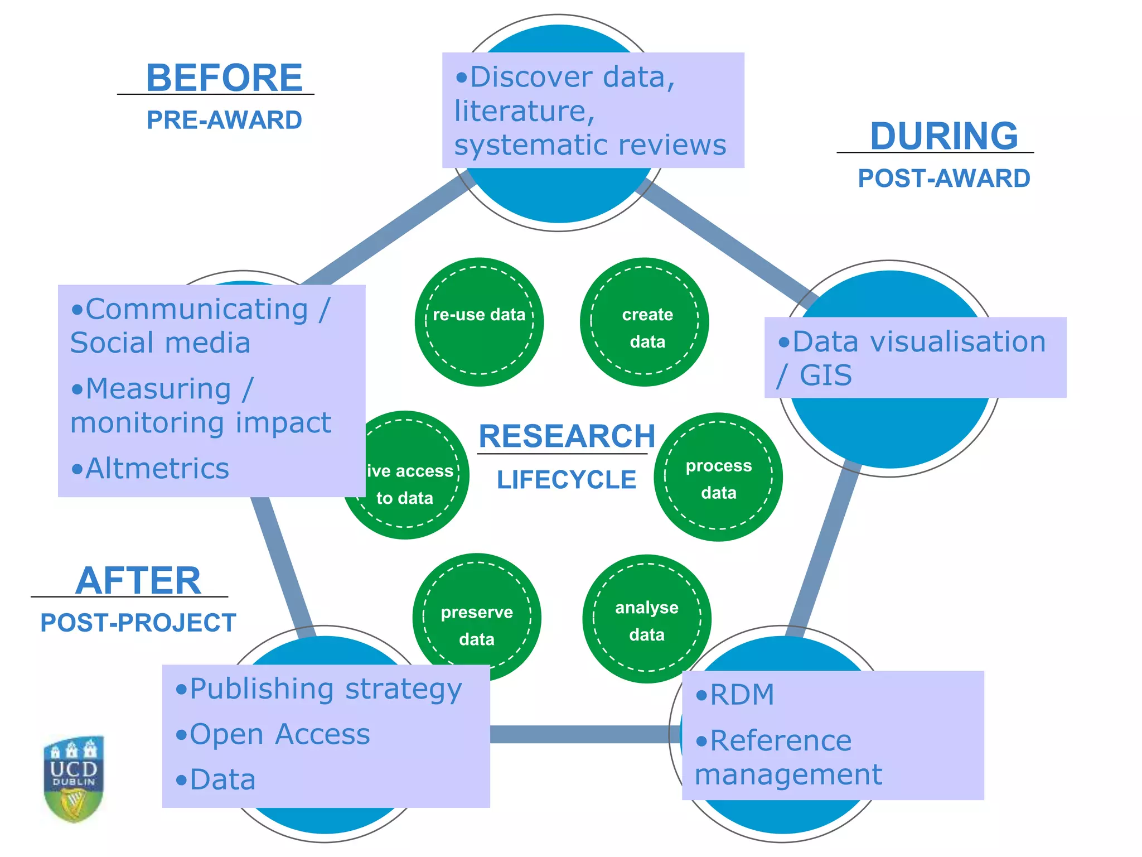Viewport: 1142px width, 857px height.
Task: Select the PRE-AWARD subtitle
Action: click(224, 120)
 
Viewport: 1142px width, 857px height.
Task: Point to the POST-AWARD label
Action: click(943, 179)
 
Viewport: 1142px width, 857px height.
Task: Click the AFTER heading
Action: click(138, 581)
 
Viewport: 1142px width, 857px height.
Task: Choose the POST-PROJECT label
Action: click(138, 623)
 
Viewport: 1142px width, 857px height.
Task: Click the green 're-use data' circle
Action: click(479, 322)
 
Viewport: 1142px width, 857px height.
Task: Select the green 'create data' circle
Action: click(645, 322)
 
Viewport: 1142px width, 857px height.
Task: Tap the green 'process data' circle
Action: click(718, 477)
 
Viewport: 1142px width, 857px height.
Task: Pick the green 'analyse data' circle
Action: click(647, 619)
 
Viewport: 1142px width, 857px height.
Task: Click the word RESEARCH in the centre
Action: click(567, 436)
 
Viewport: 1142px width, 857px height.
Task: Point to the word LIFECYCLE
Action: click(567, 480)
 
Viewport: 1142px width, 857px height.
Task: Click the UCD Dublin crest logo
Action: click(74, 779)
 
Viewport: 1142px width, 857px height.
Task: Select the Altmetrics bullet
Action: click(151, 468)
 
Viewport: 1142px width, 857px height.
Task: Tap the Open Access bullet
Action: click(273, 734)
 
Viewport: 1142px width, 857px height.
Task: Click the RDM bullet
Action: click(736, 695)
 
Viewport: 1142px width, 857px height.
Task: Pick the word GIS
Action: click(825, 375)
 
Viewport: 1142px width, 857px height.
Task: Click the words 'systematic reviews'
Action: click(590, 145)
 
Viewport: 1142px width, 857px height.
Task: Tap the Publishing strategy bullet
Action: click(319, 689)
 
